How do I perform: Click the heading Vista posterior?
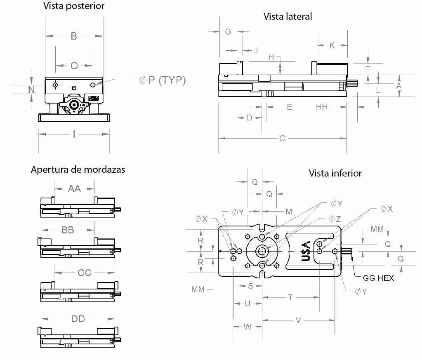click(74, 6)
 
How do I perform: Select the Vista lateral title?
click(288, 16)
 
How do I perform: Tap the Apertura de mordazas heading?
click(78, 169)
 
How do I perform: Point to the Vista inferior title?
click(335, 173)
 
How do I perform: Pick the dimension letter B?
click(74, 36)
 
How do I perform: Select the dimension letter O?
click(74, 66)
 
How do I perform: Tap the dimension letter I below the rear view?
click(74, 134)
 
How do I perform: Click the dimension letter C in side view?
click(282, 139)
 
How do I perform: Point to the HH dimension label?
click(322, 107)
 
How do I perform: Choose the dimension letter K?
click(332, 46)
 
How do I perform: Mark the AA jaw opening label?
click(74, 189)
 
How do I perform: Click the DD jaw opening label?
click(78, 319)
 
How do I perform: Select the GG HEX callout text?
click(378, 278)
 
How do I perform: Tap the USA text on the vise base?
click(306, 251)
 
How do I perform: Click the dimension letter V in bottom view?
click(298, 320)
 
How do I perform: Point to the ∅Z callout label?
click(335, 219)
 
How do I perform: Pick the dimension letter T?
click(290, 297)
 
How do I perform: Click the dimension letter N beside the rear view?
click(31, 89)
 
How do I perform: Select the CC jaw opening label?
click(85, 273)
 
